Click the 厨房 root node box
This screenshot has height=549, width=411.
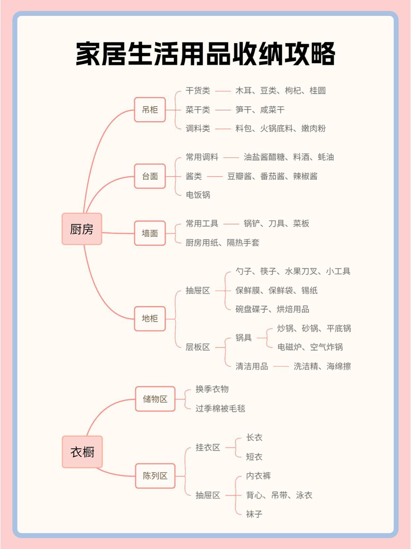82,229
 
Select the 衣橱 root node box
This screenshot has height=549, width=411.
82,452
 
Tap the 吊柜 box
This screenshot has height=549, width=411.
150,110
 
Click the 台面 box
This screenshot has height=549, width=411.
150,176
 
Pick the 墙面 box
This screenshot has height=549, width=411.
150,233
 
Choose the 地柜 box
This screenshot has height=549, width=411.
150,319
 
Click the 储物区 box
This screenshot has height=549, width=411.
155,399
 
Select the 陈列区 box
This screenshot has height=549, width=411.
155,476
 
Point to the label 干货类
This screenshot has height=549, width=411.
198,91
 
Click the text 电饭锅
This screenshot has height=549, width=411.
198,195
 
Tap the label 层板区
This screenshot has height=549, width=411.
198,347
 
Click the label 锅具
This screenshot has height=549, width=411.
244,338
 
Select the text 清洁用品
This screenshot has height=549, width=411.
251,366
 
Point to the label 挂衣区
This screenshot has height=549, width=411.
207,448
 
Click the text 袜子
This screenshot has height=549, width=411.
254,514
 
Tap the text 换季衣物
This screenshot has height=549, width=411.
212,389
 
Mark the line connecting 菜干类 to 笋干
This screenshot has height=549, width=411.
223,110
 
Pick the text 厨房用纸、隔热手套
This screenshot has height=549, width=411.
222,243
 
